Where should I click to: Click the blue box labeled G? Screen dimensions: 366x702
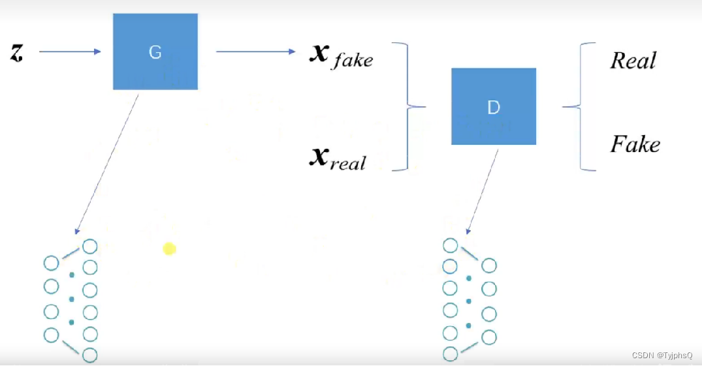click(x=155, y=52)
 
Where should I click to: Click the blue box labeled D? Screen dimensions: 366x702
click(x=494, y=106)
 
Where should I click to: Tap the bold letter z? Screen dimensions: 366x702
click(x=16, y=52)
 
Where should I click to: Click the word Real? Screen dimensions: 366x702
click(x=633, y=61)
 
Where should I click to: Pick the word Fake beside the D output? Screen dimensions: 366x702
click(x=635, y=144)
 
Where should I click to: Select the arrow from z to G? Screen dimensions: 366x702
click(x=70, y=52)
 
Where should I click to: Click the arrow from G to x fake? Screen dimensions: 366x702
click(x=255, y=52)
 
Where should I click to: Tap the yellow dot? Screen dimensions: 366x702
click(x=169, y=249)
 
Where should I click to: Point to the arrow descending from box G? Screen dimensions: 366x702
click(x=107, y=163)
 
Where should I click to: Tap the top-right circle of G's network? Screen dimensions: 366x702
click(x=90, y=247)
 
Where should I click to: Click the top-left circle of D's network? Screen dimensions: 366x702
click(x=450, y=245)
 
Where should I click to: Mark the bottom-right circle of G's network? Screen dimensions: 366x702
click(x=90, y=355)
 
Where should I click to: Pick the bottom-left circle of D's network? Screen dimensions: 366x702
click(x=450, y=354)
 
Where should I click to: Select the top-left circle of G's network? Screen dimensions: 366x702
click(x=51, y=263)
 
